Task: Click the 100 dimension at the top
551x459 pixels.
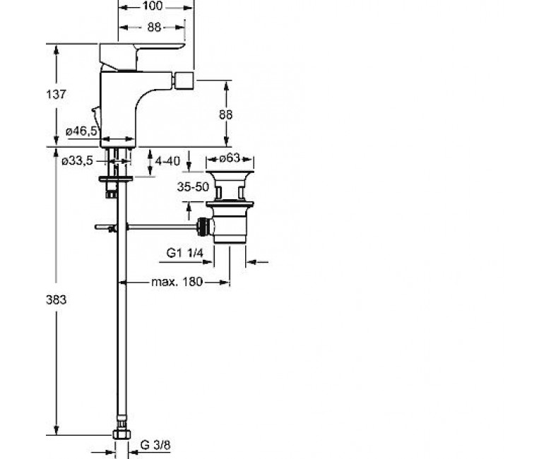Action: point(153,6)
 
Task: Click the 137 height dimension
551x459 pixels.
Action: point(56,94)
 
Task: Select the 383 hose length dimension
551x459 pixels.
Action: point(56,299)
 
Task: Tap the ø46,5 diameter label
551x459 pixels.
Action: point(81,131)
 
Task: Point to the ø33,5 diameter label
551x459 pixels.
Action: point(77,161)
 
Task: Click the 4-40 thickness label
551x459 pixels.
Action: point(167,161)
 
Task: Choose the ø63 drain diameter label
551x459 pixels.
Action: point(230,158)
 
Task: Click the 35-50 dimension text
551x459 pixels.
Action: point(193,187)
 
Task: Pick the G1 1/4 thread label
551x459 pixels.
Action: point(185,253)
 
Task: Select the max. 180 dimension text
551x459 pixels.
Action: point(177,282)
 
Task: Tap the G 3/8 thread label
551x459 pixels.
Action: point(155,445)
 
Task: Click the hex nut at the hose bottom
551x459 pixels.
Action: point(122,434)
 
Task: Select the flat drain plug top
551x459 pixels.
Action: point(230,174)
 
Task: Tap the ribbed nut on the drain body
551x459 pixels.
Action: point(203,226)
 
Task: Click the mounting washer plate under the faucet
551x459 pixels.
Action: point(116,179)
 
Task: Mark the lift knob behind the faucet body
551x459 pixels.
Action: point(95,112)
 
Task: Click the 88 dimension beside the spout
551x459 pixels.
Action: point(225,114)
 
